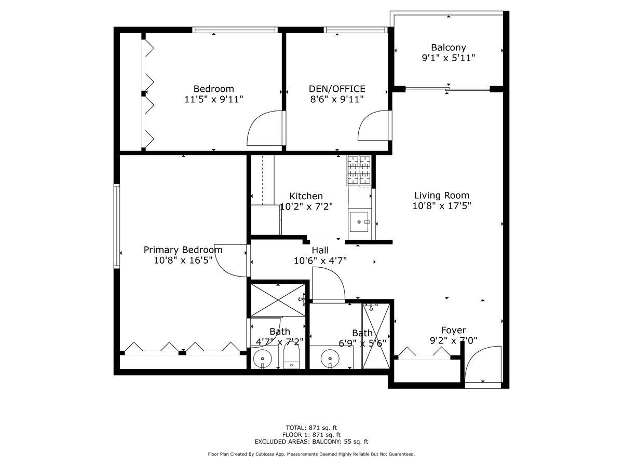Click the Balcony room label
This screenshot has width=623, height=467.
pos(448,47)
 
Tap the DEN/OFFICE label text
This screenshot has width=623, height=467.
pos(337,89)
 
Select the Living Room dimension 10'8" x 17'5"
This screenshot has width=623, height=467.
pos(442,205)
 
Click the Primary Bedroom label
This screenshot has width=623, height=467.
pos(183,250)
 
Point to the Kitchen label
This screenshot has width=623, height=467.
pos(306,196)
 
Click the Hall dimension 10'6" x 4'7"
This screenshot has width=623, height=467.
pos(320,260)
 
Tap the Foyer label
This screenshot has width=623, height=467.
pos(454,330)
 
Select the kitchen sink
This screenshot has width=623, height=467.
pos(359,222)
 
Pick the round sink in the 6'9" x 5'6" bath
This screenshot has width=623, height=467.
pos(330,359)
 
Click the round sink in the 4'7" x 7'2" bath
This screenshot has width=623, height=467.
pos(262,359)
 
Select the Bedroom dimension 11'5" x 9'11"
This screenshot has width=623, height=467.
pos(214,99)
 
